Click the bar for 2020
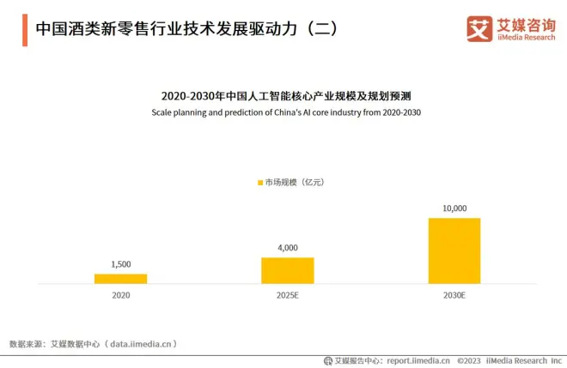pos(120,279)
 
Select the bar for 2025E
pos(287,270)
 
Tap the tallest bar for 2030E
pos(454,250)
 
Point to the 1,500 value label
pos(120,264)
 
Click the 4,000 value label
pos(287,248)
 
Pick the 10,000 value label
pos(454,208)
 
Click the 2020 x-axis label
pos(120,295)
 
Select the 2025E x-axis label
pos(287,295)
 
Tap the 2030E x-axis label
pos(454,295)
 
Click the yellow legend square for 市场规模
pos(259,182)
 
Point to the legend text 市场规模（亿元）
pos(294,182)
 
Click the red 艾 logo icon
pos(479,28)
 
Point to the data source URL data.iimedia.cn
pos(143,343)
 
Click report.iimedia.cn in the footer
pos(418,361)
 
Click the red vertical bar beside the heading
pos(24,28)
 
